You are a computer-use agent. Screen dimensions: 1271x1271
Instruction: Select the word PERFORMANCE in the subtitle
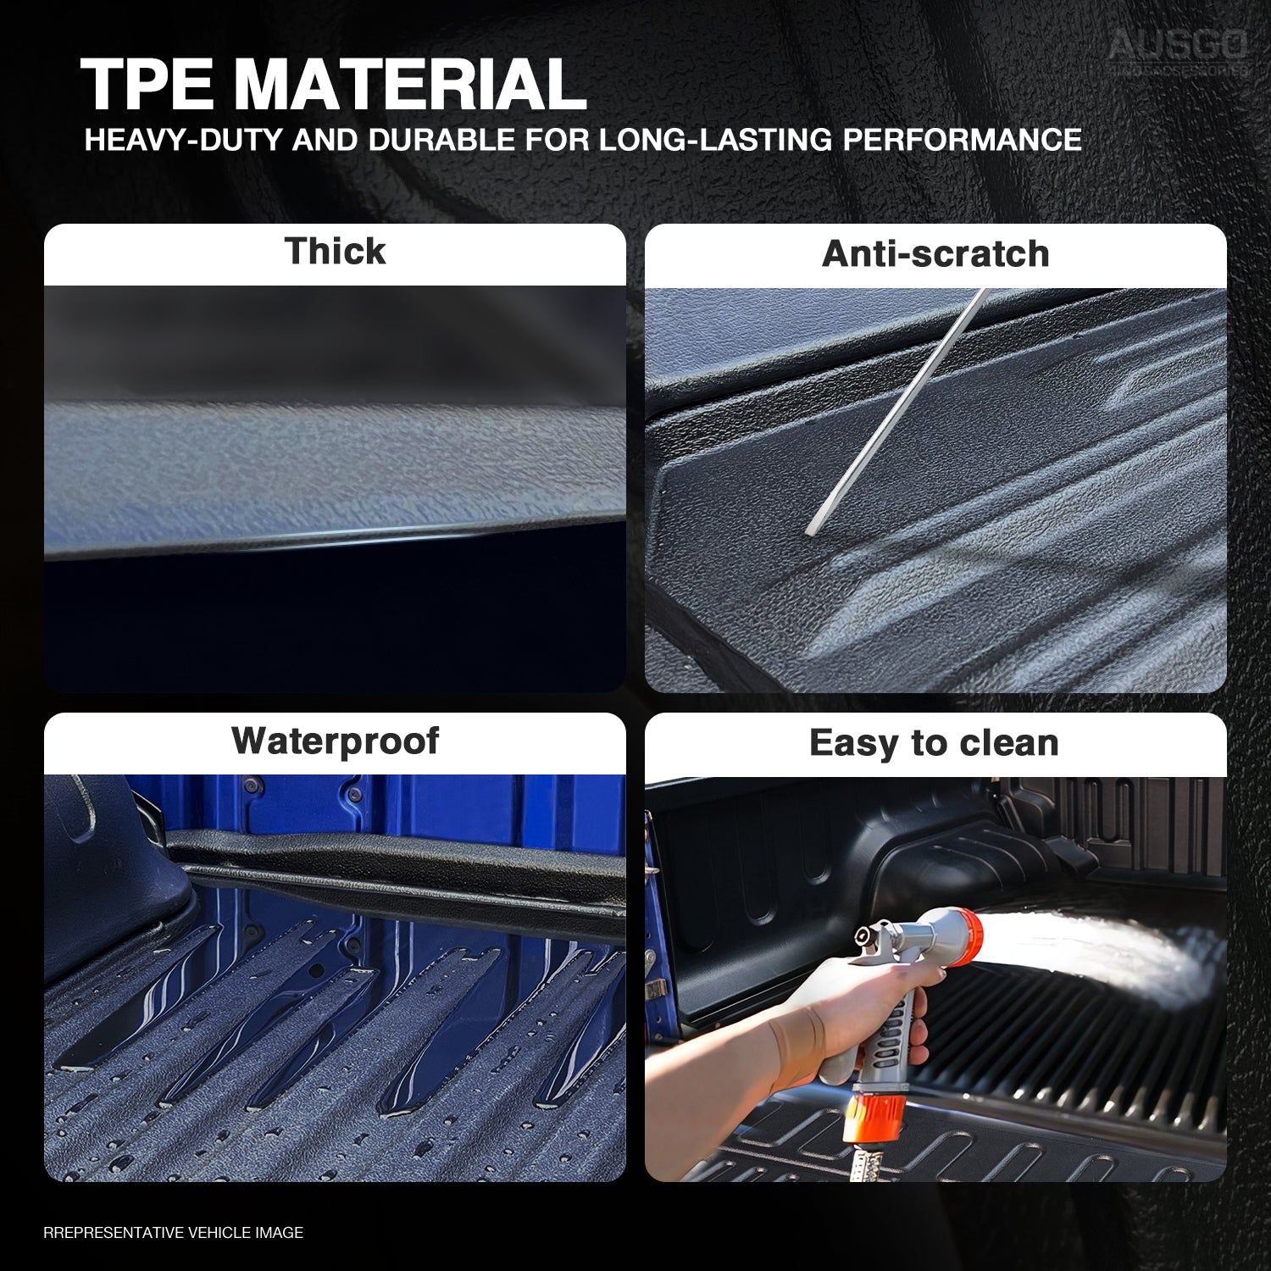click(962, 140)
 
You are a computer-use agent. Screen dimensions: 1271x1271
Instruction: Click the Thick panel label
click(335, 252)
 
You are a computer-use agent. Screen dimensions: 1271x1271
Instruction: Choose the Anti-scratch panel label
click(935, 254)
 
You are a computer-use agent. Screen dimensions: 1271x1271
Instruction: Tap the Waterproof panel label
click(335, 741)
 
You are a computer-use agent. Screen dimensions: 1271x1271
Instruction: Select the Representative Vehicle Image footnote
click(173, 1233)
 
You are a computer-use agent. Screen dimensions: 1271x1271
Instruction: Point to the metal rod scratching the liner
click(898, 411)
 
